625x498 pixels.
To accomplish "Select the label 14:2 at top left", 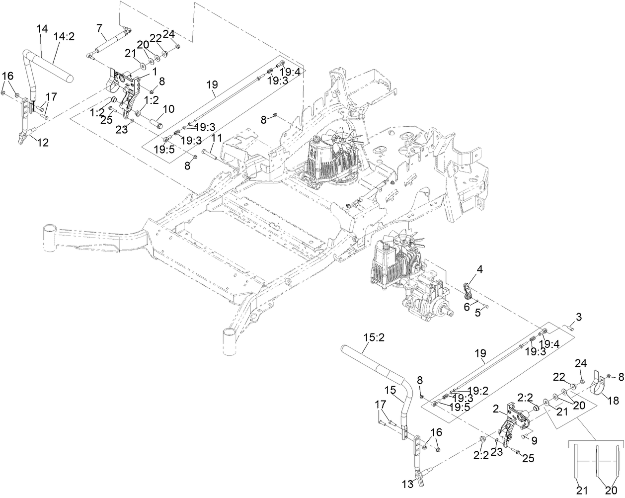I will pyautogui.click(x=64, y=37).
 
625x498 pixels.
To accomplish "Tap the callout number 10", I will pyautogui.click(x=168, y=108).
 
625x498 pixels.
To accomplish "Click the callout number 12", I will pyautogui.click(x=43, y=143).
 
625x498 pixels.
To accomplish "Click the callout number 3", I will pyautogui.click(x=578, y=317).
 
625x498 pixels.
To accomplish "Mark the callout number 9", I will pyautogui.click(x=534, y=440).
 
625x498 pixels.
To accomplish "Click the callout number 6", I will pyautogui.click(x=467, y=307).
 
